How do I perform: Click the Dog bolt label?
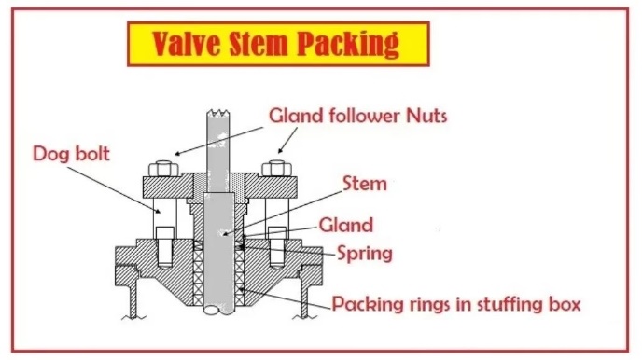point(71,154)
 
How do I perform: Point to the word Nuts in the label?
point(426,116)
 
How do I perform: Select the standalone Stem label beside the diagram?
point(365,184)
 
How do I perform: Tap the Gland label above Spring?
point(346,225)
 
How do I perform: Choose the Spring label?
point(365,255)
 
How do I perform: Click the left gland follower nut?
point(163,169)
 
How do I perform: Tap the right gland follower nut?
point(277,169)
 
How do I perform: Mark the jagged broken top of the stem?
point(218,112)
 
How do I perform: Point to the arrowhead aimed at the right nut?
point(281,150)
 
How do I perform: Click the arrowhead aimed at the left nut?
point(177,154)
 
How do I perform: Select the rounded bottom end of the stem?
point(218,310)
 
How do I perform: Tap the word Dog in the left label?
point(48,155)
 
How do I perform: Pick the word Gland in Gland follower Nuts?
point(297,116)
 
